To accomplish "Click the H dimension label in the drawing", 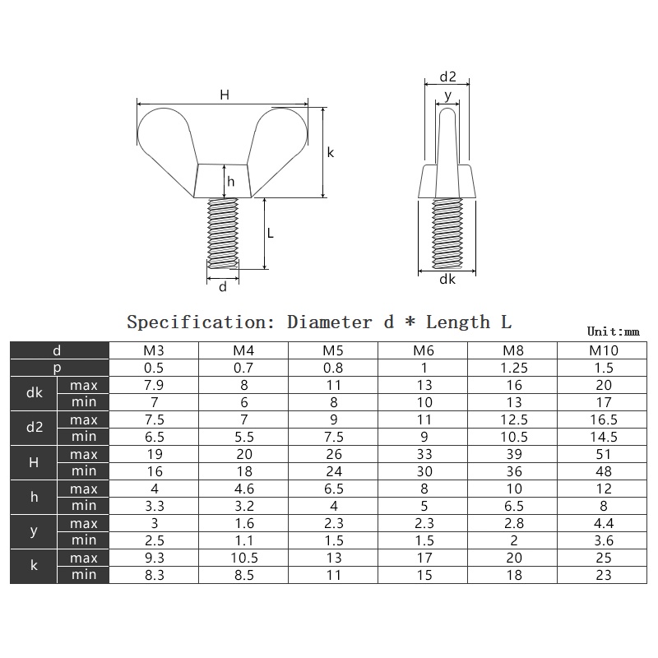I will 225,95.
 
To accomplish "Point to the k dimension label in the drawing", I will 330,152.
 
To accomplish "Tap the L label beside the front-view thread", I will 271,233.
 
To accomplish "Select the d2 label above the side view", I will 447,76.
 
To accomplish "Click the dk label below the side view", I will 447,280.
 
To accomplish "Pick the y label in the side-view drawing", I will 447,95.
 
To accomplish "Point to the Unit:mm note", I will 613,331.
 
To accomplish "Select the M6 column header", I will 423,350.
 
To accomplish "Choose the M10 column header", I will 604,350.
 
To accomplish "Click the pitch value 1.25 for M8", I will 513,368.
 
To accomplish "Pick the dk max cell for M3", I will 154,385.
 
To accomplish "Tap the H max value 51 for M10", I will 604,454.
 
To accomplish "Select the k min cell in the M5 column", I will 333,575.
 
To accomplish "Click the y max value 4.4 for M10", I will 604,523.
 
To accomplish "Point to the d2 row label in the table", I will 34,428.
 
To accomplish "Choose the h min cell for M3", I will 154,506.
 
